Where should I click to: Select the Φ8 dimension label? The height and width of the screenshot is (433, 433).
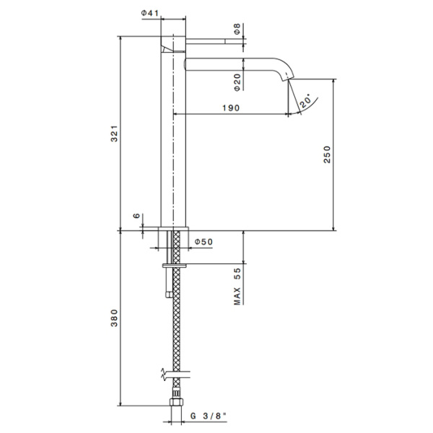coord(237,30)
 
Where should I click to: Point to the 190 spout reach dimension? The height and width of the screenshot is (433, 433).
coord(230,107)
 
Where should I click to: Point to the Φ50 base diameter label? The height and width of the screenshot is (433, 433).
coord(204,242)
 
